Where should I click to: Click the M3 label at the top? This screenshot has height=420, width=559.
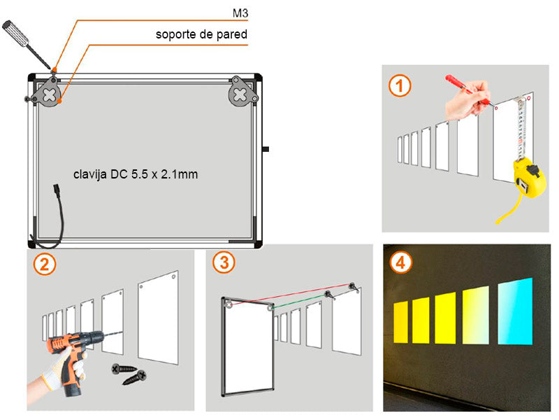tap(240, 13)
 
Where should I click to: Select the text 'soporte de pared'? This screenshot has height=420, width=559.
tap(201, 34)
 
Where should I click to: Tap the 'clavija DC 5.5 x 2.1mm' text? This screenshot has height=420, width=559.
tap(136, 174)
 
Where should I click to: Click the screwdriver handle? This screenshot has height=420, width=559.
tap(15, 34)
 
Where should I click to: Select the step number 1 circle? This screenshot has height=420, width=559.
tap(400, 86)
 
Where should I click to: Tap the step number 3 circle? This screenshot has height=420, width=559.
tap(224, 263)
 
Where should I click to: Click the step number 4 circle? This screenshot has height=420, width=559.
tap(400, 262)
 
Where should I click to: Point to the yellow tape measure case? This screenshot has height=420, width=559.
tap(529, 178)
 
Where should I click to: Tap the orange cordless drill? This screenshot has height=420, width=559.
tap(71, 357)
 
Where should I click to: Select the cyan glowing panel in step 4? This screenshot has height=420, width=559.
tap(515, 311)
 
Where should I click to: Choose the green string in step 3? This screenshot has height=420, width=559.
tap(300, 300)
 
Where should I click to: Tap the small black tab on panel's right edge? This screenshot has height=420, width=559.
tap(266, 149)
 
